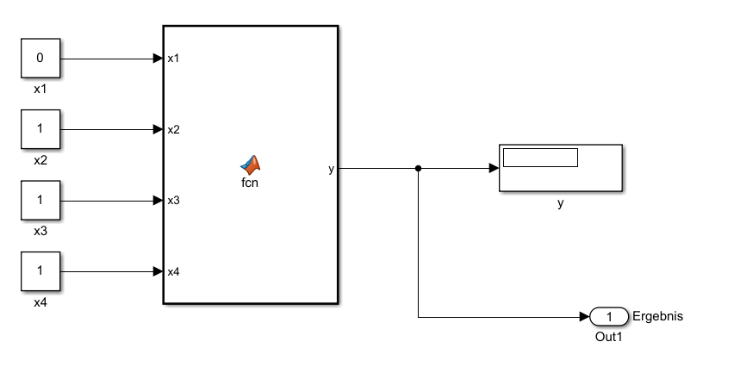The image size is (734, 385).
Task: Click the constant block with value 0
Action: (40, 59)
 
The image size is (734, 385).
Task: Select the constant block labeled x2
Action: (40, 130)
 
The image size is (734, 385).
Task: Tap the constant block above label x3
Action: (40, 201)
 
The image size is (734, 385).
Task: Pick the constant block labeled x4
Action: (40, 272)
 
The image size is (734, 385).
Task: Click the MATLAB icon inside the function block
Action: (251, 165)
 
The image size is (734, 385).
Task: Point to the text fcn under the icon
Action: (251, 182)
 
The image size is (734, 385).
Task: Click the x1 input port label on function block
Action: (173, 59)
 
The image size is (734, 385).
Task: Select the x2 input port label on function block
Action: (173, 130)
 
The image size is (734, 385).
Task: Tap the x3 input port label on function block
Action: (173, 201)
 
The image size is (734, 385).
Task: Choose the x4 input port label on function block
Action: (173, 272)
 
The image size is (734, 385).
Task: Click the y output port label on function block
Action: (332, 169)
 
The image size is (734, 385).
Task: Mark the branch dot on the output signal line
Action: (418, 169)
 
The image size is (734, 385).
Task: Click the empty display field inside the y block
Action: (540, 158)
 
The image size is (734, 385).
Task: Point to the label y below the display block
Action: (560, 203)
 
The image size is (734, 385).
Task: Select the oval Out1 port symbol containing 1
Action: (609, 317)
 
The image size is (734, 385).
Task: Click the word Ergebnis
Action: (657, 316)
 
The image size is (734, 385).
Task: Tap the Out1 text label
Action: (608, 337)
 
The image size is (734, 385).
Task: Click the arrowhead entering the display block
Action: (494, 169)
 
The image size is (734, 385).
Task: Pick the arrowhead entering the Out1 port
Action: (585, 317)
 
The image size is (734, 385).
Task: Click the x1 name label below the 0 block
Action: (40, 89)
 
